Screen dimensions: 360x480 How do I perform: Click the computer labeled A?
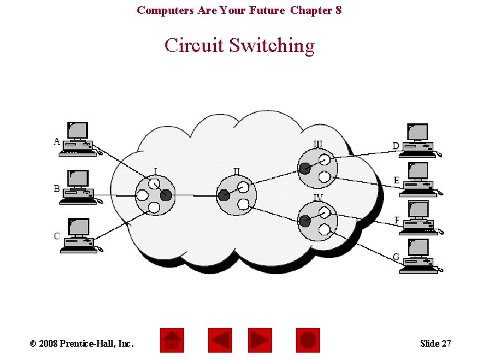point(79,139)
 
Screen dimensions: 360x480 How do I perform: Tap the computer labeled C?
point(79,236)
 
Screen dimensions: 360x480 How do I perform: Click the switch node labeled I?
point(155,195)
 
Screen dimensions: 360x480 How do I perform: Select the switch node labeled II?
point(236,196)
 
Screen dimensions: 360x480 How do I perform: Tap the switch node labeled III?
point(315,168)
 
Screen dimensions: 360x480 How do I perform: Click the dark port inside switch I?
point(166,195)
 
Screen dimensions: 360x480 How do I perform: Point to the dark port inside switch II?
point(224,195)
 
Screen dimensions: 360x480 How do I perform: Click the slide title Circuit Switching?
point(239,45)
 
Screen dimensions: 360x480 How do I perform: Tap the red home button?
point(172,341)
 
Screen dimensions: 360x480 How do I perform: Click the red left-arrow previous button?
point(220,341)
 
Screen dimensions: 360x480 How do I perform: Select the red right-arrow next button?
point(260,341)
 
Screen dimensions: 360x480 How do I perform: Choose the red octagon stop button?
point(308,341)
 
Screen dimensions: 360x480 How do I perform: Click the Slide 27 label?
point(435,343)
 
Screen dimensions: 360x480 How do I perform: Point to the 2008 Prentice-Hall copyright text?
point(81,343)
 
